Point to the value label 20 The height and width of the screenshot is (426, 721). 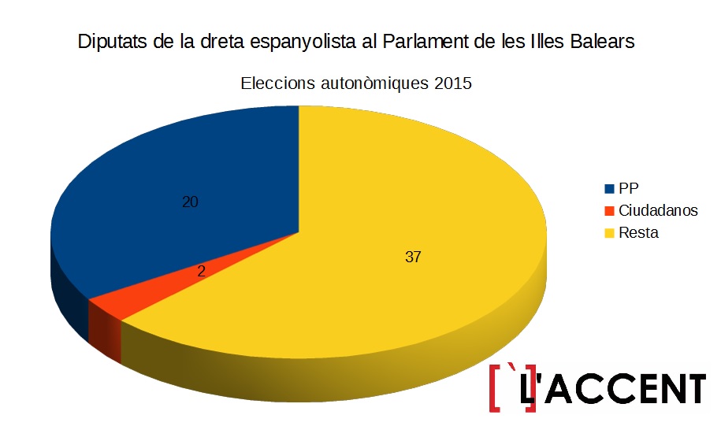point(190,202)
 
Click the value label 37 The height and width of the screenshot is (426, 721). point(413,257)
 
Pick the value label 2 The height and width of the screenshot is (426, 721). point(201,272)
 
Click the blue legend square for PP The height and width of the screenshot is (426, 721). point(609,189)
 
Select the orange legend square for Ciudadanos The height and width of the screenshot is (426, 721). point(609,211)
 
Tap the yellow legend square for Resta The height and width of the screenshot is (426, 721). point(609,233)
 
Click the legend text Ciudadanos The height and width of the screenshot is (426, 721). point(658,211)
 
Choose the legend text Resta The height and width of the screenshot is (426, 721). point(639,233)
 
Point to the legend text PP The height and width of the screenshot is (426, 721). point(629,189)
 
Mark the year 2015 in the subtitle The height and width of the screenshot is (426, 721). point(452,83)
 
